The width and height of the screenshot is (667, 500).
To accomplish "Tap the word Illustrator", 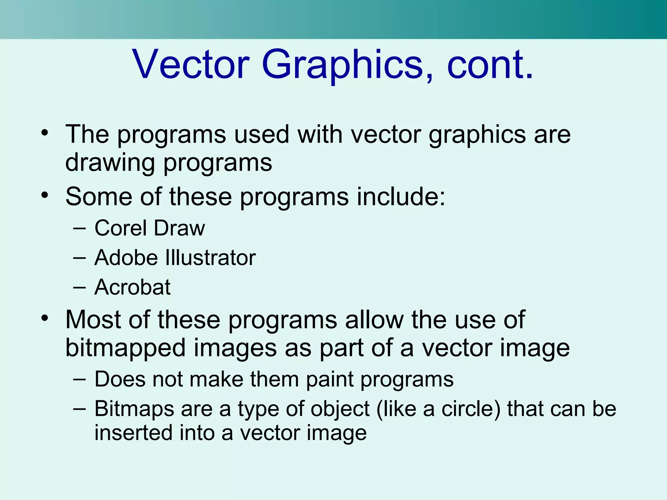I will [211, 258].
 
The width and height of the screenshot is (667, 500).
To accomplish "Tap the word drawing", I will [110, 163].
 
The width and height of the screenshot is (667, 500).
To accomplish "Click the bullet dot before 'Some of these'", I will [45, 195].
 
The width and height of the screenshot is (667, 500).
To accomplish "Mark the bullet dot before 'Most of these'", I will [45, 318].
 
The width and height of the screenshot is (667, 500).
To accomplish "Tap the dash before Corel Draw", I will [79, 229].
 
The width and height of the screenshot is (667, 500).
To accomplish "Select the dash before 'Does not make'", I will [79, 380].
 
